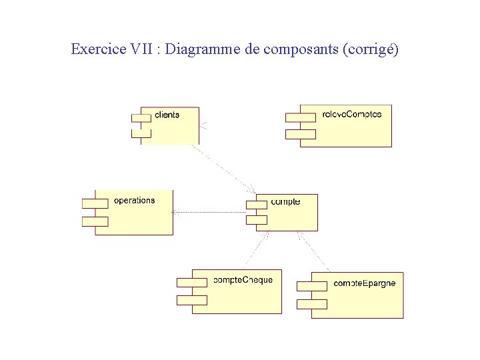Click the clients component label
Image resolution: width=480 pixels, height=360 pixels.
(167, 115)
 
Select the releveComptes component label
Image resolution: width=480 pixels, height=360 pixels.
(351, 114)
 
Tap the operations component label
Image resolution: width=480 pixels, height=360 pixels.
(135, 200)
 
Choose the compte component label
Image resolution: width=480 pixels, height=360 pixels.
(285, 201)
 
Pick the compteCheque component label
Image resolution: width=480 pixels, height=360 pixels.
(243, 280)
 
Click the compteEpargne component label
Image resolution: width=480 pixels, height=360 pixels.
(364, 283)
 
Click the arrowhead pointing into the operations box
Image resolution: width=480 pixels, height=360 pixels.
(175, 212)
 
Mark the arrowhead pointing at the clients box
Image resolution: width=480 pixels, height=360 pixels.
(203, 125)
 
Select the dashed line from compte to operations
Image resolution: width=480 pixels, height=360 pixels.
(213, 212)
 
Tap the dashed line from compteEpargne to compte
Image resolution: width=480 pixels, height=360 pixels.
(313, 251)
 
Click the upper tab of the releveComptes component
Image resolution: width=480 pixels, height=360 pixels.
(300, 117)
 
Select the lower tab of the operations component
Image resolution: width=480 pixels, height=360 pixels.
(94, 221)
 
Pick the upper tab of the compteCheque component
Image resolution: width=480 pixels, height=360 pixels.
(191, 282)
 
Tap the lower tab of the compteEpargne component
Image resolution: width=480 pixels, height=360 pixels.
(311, 304)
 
